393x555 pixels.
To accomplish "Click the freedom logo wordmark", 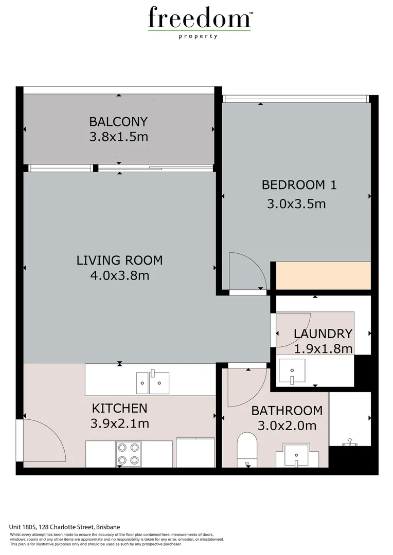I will [x=199, y=19].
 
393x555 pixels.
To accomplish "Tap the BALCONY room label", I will [x=118, y=122].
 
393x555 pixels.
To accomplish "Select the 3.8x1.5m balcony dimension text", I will [x=119, y=137].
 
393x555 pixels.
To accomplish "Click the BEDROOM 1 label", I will [x=299, y=185].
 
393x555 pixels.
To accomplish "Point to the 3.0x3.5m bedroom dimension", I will [x=296, y=203].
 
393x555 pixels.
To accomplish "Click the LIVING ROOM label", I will [x=119, y=260].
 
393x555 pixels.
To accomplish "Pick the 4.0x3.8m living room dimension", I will [x=119, y=276].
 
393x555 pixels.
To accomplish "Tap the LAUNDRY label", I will [x=323, y=334].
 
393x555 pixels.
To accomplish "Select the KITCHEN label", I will [x=119, y=408].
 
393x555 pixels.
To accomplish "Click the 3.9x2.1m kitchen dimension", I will [x=119, y=424].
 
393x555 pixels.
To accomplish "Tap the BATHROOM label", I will [x=287, y=411].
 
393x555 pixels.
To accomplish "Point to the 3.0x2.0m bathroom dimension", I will [x=287, y=426].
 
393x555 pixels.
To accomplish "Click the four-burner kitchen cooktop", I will [x=129, y=453].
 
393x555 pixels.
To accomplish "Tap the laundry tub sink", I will [x=292, y=372].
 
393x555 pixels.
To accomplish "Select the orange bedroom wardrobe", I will [x=324, y=276].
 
